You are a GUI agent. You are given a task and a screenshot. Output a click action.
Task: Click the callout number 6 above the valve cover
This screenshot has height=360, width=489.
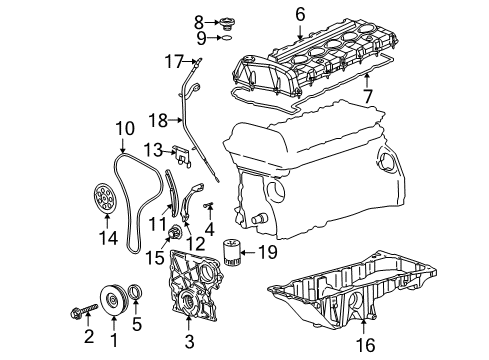[x=298, y=14]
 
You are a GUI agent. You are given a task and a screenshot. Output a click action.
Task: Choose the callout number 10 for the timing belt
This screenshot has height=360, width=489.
[x=124, y=128]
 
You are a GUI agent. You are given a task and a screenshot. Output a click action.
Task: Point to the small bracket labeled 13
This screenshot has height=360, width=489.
[x=182, y=155]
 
